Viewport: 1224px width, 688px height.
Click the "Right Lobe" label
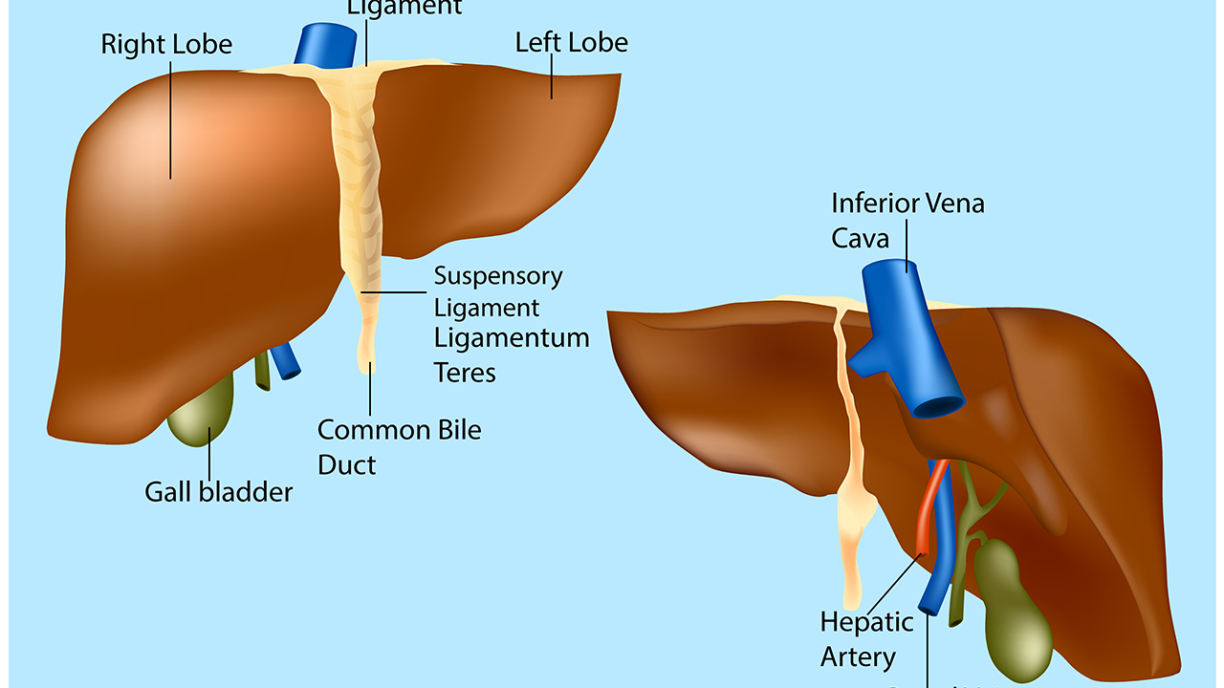coord(166,44)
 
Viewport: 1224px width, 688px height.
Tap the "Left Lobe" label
coord(571,42)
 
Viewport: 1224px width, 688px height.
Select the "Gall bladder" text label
coord(218,492)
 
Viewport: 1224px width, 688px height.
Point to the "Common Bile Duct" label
coord(399,447)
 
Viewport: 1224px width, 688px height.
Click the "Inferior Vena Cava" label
coord(907,219)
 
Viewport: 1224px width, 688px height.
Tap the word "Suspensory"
coord(498,276)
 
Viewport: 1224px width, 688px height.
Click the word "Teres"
coord(465,372)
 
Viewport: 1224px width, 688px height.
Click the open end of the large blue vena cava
coord(938,405)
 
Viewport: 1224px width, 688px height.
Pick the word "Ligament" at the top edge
coord(404,8)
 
